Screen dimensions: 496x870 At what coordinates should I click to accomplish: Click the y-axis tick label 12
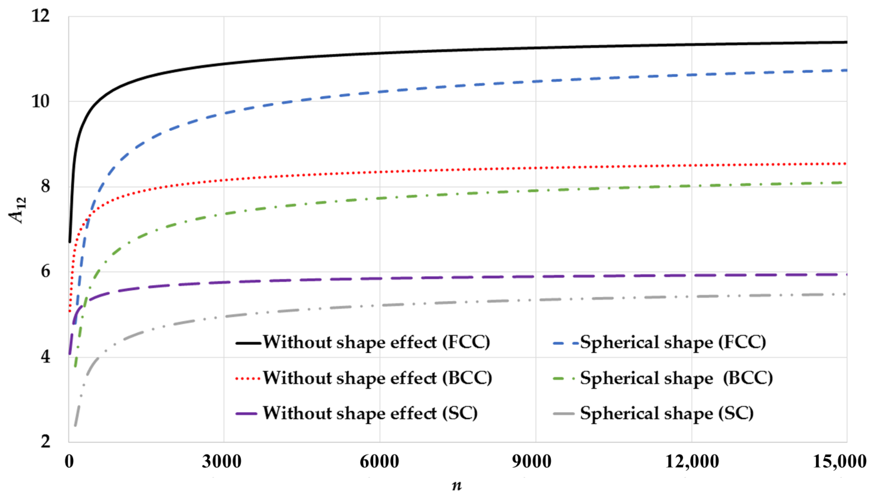coord(40,16)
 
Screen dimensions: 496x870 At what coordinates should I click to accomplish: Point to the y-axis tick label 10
coord(40,101)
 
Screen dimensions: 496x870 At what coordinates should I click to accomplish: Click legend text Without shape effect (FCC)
coord(376,342)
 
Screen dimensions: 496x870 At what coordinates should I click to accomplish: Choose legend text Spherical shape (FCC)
coord(673,342)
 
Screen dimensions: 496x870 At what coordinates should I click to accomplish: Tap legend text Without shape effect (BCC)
coord(377,378)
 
